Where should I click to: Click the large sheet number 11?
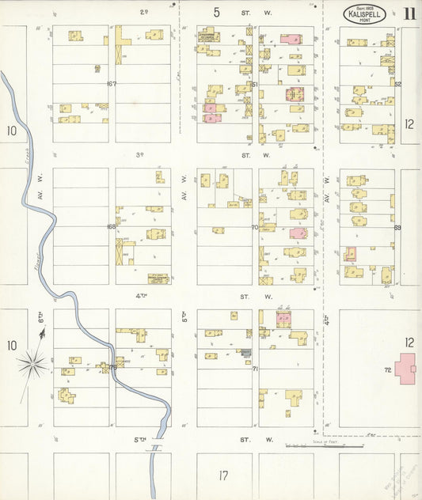(409, 13)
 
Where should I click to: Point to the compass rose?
(32, 363)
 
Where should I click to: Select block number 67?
(112, 83)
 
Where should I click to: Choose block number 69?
(397, 227)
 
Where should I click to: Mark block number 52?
(397, 83)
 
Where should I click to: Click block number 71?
(255, 369)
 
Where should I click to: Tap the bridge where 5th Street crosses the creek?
(157, 448)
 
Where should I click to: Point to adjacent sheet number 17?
(223, 475)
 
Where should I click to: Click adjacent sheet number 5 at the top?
(216, 12)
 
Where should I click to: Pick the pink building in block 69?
(349, 254)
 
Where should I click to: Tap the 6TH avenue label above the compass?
(41, 317)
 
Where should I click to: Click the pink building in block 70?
(298, 233)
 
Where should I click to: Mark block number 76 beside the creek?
(112, 367)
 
